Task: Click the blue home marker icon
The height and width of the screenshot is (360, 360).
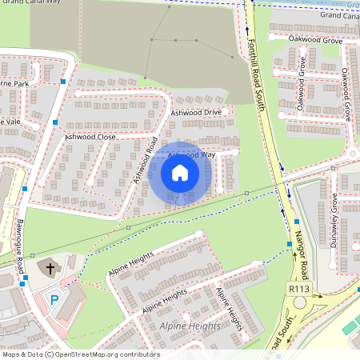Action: pos(180,173)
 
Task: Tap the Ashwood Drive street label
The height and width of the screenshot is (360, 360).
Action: pos(195,113)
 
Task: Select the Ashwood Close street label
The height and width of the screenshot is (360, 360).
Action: pos(90,137)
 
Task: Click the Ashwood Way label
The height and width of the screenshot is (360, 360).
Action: pos(192,154)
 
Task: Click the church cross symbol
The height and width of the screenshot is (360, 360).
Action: pos(50,268)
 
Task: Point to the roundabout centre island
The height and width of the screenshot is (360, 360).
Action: pos(303,305)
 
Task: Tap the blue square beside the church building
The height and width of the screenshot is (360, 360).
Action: pos(25,279)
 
